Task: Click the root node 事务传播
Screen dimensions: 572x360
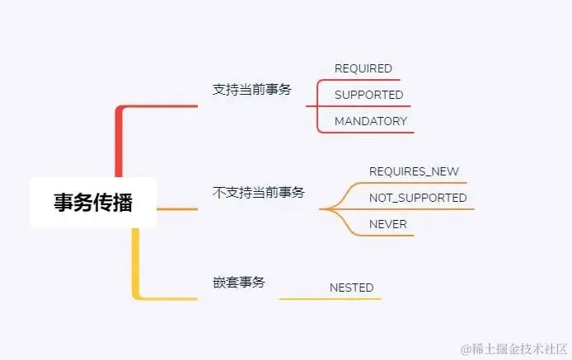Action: (x=93, y=203)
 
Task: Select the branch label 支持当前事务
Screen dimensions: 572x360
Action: (x=251, y=90)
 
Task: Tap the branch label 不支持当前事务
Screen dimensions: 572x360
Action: (x=258, y=192)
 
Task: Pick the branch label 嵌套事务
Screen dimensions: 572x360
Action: (x=238, y=282)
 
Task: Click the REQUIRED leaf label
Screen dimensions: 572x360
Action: (x=363, y=68)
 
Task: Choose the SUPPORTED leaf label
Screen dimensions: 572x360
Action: (x=368, y=95)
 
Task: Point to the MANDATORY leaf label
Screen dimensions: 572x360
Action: (x=371, y=121)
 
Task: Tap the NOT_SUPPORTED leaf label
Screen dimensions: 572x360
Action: (x=418, y=198)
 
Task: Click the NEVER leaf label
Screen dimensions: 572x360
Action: (x=387, y=224)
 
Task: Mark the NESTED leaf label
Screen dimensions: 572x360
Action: (x=351, y=288)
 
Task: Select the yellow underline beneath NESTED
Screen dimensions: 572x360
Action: (x=330, y=298)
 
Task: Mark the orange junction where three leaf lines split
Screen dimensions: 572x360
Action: (x=323, y=209)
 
